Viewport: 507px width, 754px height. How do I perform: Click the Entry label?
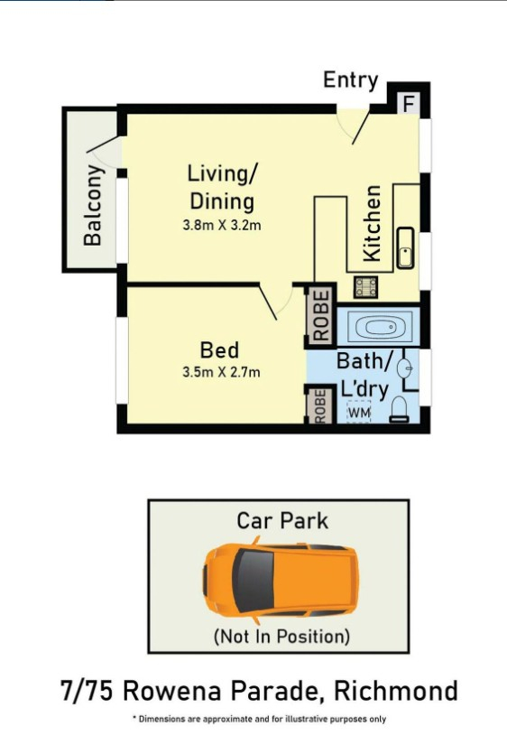[350, 80]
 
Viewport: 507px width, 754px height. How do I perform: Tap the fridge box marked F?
[409, 104]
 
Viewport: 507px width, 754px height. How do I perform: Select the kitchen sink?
[405, 247]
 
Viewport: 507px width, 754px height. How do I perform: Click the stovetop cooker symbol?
[365, 286]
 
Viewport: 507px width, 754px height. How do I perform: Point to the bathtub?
[379, 328]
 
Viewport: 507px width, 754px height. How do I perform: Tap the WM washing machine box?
[359, 412]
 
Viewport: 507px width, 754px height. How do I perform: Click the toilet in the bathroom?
[399, 409]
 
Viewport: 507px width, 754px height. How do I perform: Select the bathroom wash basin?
[405, 368]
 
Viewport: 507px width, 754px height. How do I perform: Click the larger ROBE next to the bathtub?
[320, 314]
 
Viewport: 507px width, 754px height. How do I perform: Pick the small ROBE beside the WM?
[320, 405]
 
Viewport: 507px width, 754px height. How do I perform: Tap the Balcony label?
[93, 205]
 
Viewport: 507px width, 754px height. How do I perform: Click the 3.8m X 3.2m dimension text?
[222, 225]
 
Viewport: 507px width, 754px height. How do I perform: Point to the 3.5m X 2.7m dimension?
[221, 372]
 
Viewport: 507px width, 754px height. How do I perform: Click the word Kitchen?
[372, 224]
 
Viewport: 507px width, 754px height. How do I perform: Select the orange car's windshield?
[253, 581]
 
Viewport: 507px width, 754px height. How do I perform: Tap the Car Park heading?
[282, 521]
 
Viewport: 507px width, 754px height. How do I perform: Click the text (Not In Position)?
[281, 637]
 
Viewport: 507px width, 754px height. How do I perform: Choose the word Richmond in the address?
[395, 691]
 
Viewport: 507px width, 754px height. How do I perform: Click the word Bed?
[219, 349]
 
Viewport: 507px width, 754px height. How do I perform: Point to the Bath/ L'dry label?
[364, 375]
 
